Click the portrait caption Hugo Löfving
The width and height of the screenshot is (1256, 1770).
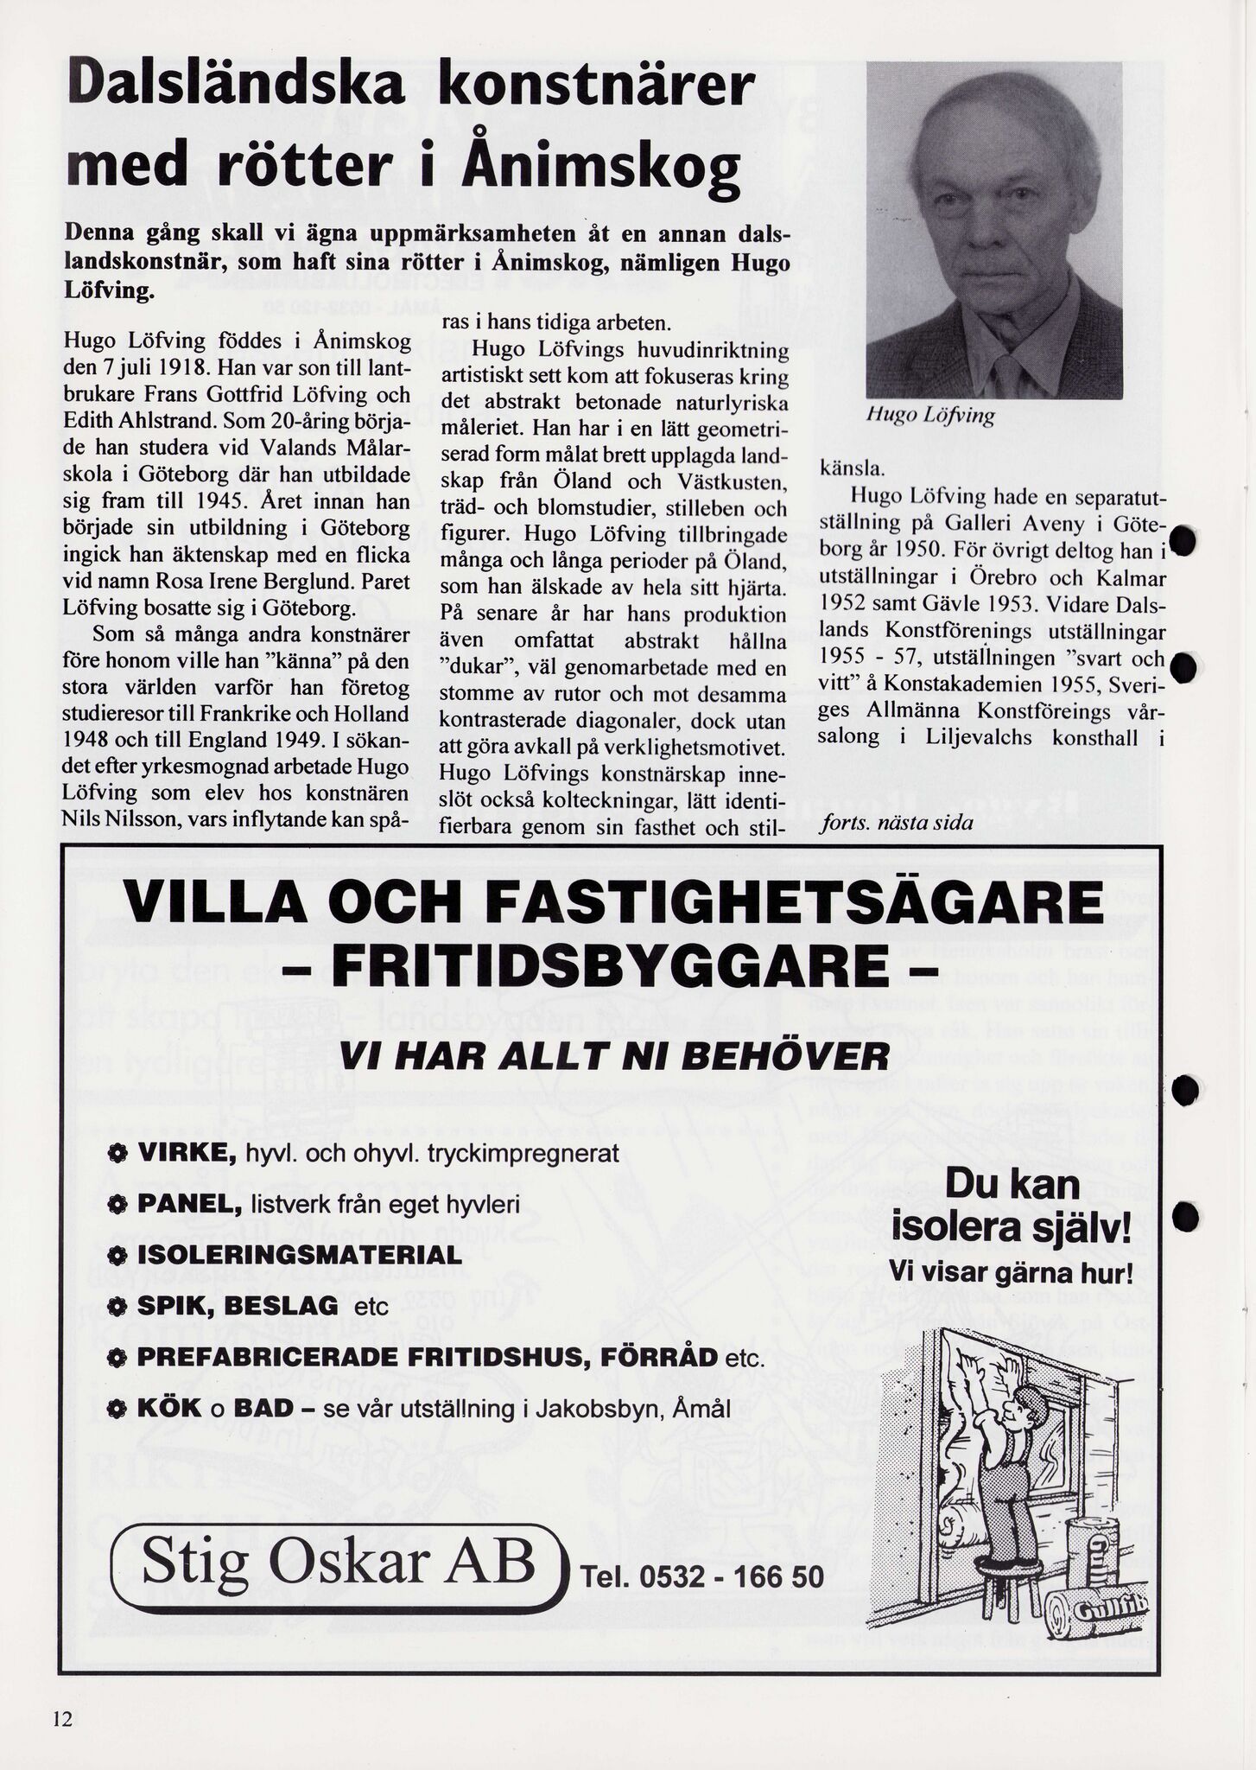tap(929, 416)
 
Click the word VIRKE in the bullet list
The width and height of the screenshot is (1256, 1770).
tap(187, 1154)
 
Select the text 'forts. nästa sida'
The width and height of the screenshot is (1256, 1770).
tap(895, 822)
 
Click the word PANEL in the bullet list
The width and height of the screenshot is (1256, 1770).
tap(189, 1204)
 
